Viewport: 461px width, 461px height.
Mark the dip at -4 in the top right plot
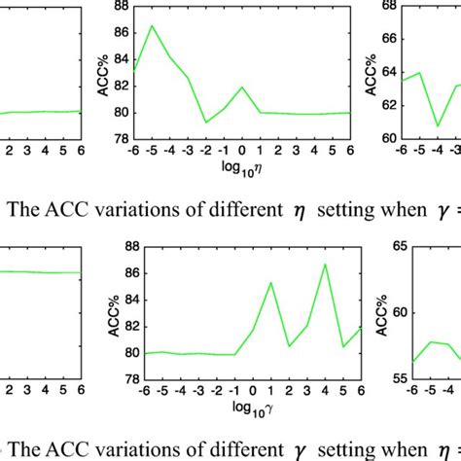[x=439, y=125]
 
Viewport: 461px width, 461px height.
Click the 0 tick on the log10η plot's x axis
[x=241, y=153]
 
